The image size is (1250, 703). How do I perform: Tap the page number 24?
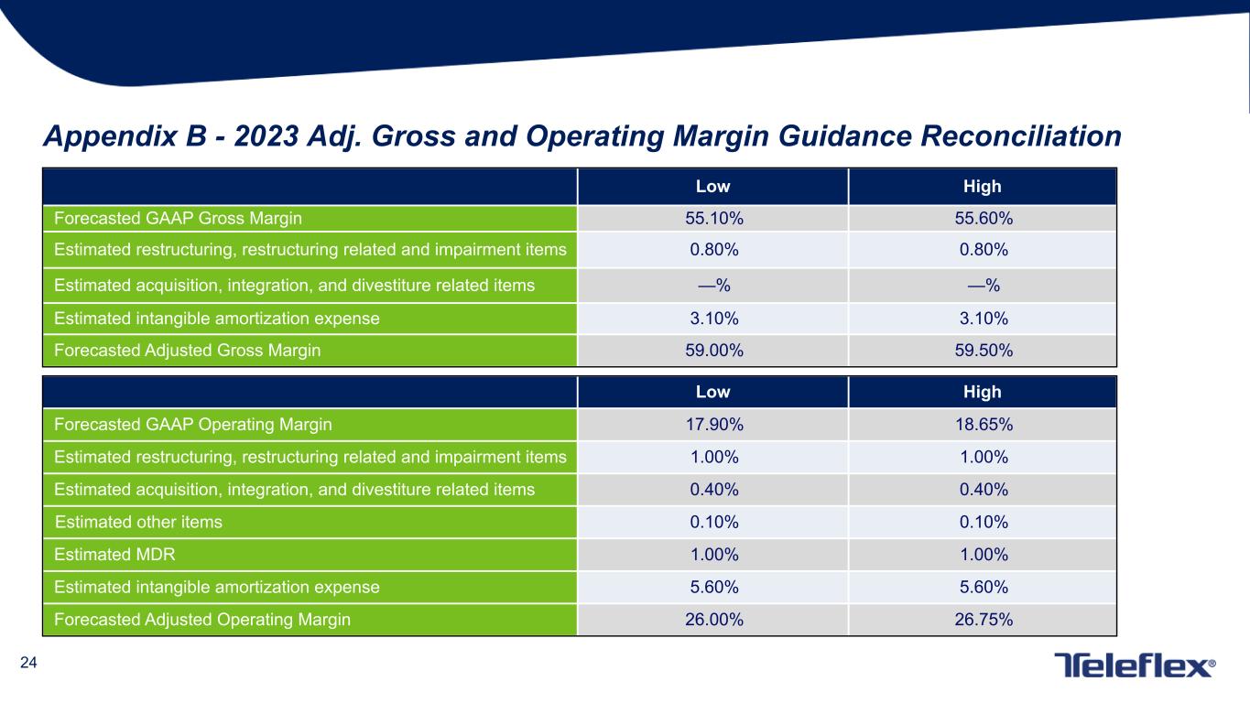coord(28,664)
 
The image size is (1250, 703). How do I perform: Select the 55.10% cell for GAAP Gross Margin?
coord(713,219)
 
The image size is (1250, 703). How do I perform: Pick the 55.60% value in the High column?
coord(983,219)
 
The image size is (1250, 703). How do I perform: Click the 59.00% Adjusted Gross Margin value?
coord(713,351)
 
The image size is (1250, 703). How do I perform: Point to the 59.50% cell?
coord(983,351)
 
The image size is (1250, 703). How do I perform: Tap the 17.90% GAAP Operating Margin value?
coord(713,425)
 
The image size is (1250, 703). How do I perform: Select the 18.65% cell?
coord(983,425)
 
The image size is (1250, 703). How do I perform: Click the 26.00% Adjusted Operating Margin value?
coord(713,620)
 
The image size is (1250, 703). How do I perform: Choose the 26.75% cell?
coord(983,620)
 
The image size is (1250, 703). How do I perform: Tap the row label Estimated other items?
coord(138,523)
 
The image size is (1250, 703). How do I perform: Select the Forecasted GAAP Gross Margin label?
coord(178,219)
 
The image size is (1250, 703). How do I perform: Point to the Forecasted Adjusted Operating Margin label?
coord(202,620)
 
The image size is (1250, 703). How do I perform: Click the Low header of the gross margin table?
coord(713,187)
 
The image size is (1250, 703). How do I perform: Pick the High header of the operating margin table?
coord(983,392)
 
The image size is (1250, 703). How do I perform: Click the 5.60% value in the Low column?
coord(713,587)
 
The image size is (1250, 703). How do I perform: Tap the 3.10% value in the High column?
coord(983,319)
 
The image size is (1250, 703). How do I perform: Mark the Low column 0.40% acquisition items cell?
coord(713,490)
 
